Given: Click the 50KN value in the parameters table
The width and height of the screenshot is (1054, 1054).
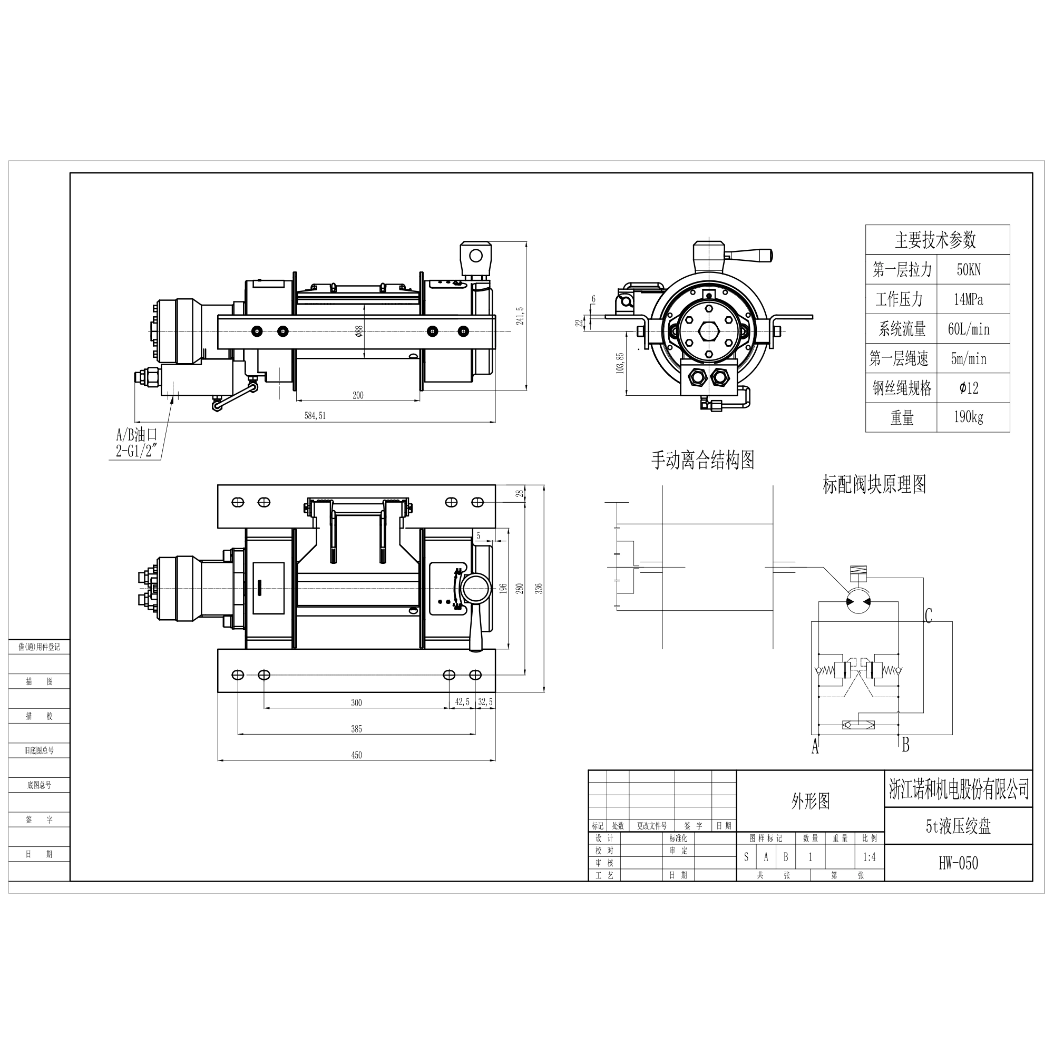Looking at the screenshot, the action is pyautogui.click(x=968, y=269).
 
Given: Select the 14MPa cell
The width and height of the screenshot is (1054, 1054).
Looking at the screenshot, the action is pyautogui.click(x=968, y=299).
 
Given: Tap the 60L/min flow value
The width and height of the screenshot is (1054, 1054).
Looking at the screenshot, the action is pyautogui.click(x=968, y=329).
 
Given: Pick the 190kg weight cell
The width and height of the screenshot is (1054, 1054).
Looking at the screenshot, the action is pyautogui.click(x=968, y=417).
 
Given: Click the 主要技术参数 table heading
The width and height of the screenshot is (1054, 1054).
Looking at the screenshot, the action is pyautogui.click(x=935, y=239).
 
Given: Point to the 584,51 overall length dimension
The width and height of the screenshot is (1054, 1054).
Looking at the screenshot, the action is pyautogui.click(x=315, y=416).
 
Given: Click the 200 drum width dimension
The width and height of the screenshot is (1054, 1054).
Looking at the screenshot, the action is pyautogui.click(x=358, y=396).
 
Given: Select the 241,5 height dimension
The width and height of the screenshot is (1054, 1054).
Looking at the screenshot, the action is pyautogui.click(x=521, y=316).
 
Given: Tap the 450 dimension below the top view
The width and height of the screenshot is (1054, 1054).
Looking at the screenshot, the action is pyautogui.click(x=356, y=756).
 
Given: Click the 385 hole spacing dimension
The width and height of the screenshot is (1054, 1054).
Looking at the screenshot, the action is pyautogui.click(x=356, y=729).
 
